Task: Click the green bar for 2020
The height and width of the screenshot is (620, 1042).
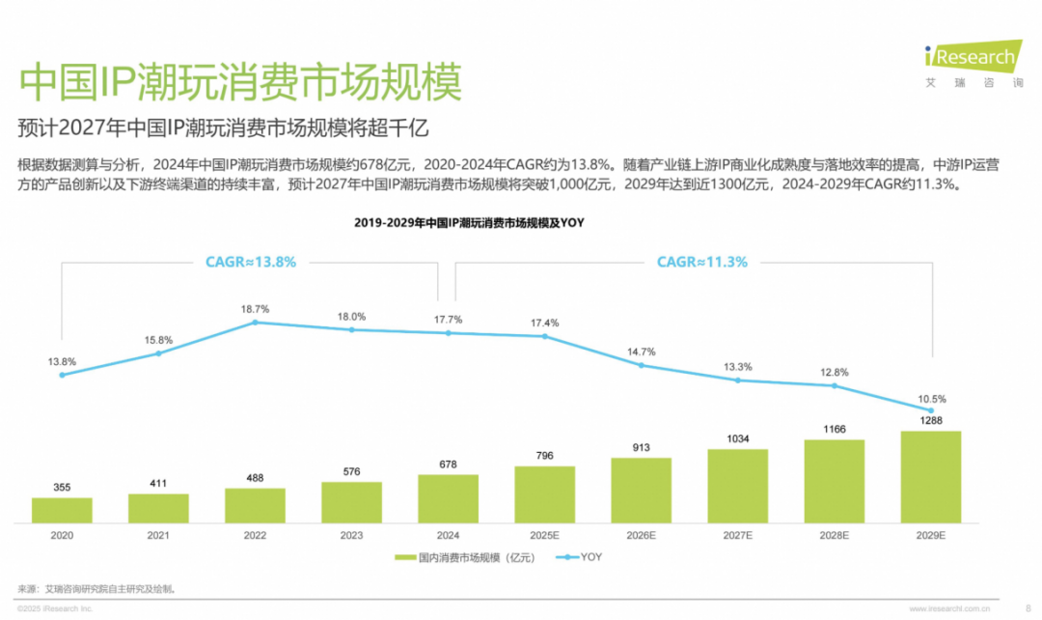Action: click(x=62, y=510)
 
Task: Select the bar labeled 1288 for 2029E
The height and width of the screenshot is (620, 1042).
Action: click(x=930, y=477)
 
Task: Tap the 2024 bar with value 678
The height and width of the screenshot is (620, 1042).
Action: click(x=448, y=499)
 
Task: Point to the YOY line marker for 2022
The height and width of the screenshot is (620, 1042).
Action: click(x=255, y=323)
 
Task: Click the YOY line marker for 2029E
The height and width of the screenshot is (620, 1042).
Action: click(x=930, y=410)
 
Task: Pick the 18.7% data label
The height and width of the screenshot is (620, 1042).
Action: click(x=255, y=309)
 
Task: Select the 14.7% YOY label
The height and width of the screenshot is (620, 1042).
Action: click(x=642, y=352)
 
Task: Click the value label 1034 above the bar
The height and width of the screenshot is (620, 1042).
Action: click(x=738, y=439)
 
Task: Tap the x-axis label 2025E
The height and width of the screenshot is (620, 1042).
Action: click(x=544, y=536)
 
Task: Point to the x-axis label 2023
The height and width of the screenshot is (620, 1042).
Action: click(x=351, y=536)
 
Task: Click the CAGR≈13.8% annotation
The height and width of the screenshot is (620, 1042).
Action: click(x=251, y=262)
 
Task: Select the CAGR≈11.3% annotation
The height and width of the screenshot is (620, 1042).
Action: click(x=701, y=262)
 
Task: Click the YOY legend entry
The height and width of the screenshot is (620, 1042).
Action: click(x=580, y=557)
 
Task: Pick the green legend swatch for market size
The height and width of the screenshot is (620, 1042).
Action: click(x=405, y=557)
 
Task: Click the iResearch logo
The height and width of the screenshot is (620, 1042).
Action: click(x=973, y=63)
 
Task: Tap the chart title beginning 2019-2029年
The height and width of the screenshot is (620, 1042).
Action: click(x=469, y=223)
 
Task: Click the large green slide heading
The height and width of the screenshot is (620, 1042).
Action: click(x=240, y=82)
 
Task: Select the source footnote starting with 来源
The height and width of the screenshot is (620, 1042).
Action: click(x=97, y=589)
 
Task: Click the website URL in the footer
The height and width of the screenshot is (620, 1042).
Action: click(x=949, y=608)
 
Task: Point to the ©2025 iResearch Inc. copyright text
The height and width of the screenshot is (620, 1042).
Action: click(x=55, y=608)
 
